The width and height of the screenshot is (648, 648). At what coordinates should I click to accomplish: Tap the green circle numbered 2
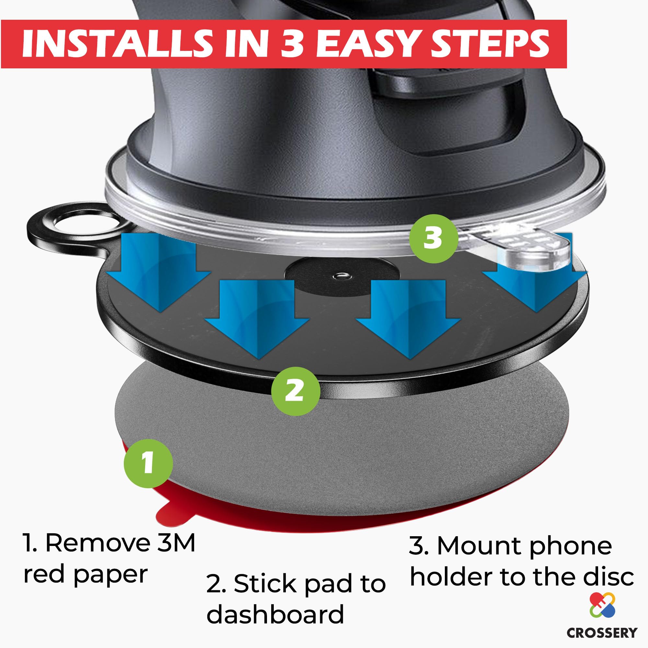(295, 391)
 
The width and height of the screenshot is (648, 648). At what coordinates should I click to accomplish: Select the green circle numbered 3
(433, 238)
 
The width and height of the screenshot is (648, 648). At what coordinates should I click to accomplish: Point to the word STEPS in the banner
(490, 44)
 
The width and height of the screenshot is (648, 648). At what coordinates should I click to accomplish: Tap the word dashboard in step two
(275, 614)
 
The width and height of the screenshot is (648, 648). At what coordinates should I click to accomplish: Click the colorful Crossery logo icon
(602, 604)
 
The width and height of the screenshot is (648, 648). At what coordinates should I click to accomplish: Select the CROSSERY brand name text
(602, 632)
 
